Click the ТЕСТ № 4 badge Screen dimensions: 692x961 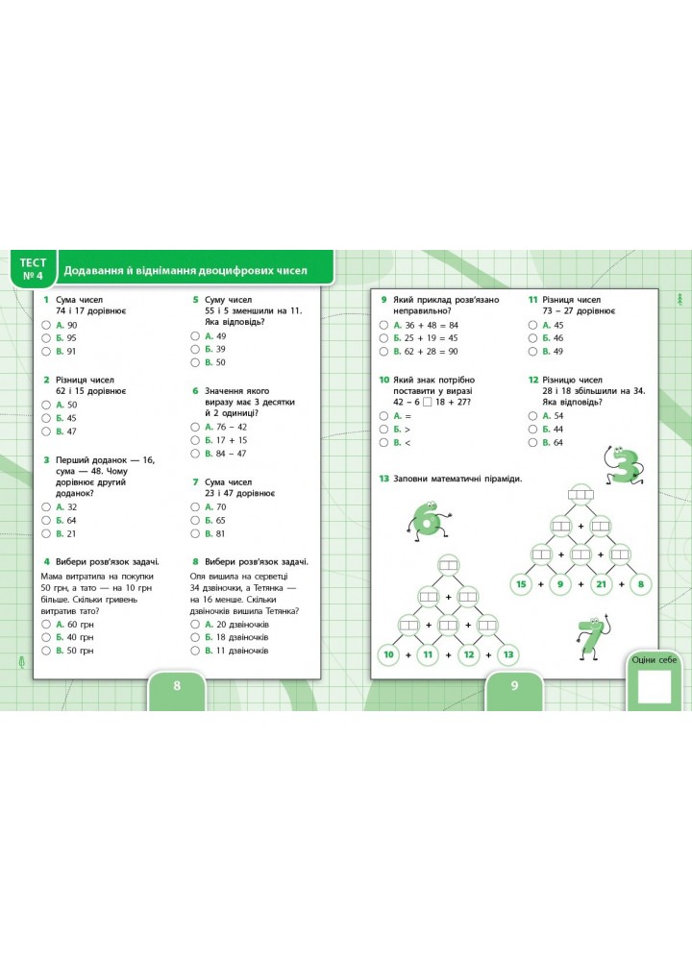[33, 269]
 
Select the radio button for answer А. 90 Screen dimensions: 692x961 [46, 326]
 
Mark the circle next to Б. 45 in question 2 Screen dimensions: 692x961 [46, 418]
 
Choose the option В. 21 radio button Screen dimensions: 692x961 [46, 533]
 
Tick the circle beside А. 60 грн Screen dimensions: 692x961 [46, 625]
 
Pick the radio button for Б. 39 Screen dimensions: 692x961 [195, 350]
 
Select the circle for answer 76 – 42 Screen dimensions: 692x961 [195, 428]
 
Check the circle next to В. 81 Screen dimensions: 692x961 [195, 533]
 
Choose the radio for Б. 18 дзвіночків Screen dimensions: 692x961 [195, 637]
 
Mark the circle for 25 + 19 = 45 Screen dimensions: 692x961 [383, 338]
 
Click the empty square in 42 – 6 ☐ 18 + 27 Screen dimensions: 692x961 [427, 402]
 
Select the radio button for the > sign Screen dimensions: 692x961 [383, 429]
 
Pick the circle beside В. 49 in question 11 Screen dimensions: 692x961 [532, 352]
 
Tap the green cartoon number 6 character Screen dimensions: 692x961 [428, 522]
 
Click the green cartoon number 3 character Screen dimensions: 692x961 [624, 466]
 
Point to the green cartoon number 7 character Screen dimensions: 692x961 [591, 637]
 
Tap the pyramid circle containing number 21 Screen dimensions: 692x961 [601, 584]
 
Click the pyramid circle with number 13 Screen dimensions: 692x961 [508, 654]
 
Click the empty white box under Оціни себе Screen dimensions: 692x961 [655, 686]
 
